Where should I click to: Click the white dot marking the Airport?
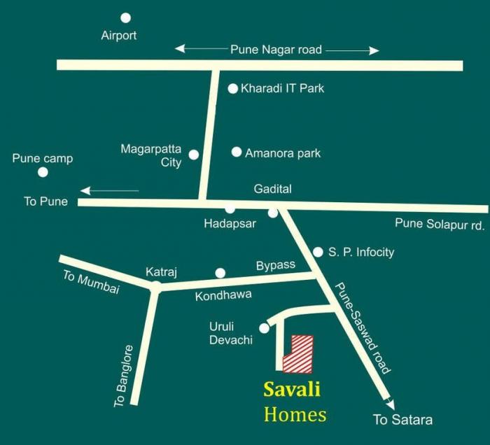(125, 18)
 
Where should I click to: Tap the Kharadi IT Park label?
(282, 89)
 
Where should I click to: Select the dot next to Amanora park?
(237, 152)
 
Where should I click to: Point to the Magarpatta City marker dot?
(194, 155)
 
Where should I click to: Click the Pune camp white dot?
(43, 172)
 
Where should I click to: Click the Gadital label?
(272, 189)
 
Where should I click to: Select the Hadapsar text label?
(230, 224)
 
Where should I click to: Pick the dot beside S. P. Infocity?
(317, 252)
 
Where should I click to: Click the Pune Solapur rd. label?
(440, 224)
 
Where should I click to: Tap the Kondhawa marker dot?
(220, 273)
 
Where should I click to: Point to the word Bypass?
(276, 265)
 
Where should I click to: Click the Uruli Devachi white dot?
(264, 328)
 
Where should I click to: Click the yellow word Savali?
(291, 390)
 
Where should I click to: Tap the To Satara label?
(402, 420)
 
